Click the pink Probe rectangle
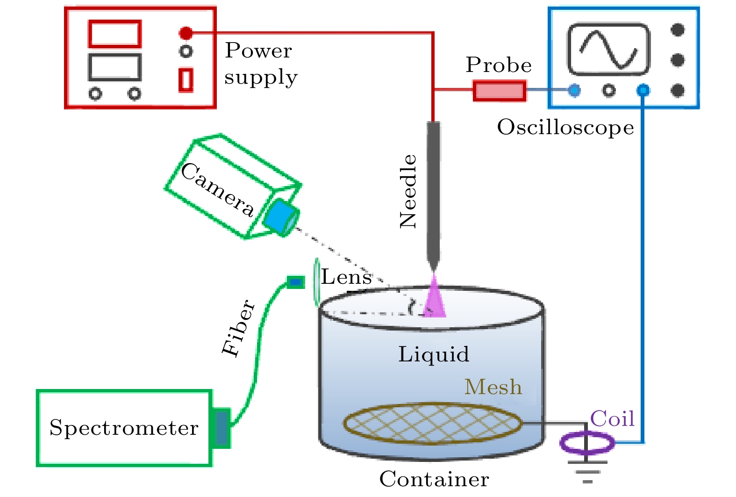click(499, 91)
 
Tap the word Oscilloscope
click(565, 127)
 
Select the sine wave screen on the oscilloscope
click(608, 50)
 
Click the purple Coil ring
click(587, 443)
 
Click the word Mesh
click(493, 387)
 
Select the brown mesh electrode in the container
click(433, 424)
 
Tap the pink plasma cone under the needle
click(435, 299)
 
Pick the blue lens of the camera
click(281, 216)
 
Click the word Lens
click(346, 277)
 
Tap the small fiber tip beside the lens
click(295, 282)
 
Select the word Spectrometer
click(124, 428)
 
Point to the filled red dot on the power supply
click(186, 33)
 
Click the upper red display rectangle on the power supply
click(115, 34)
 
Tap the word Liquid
click(434, 354)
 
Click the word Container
click(434, 479)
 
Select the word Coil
click(612, 418)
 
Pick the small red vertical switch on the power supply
click(186, 79)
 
